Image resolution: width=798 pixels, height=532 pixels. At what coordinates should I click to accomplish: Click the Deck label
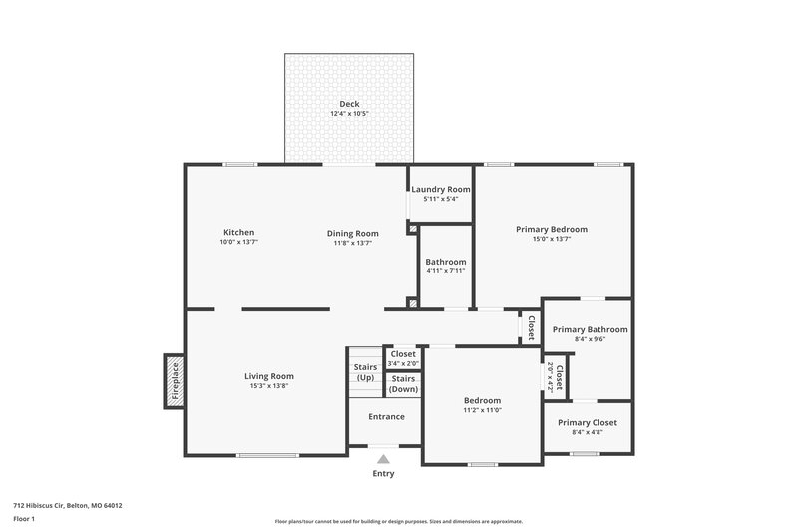349,104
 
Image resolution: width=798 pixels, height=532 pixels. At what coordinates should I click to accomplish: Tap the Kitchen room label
238,232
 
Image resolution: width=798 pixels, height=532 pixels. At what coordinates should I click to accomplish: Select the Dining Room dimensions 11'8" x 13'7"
353,243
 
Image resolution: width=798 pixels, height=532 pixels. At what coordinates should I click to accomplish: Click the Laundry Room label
440,189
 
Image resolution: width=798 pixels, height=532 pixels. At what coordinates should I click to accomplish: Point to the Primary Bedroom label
552,229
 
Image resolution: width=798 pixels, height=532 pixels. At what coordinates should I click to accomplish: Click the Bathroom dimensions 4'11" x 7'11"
446,271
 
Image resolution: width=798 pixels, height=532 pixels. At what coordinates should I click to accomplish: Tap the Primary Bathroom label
591,329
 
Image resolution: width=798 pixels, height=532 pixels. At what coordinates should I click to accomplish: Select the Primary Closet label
588,422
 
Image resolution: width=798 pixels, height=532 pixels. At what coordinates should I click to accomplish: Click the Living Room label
269,376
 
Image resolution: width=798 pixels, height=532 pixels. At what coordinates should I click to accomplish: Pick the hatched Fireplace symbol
174,381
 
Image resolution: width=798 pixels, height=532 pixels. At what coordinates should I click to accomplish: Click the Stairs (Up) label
365,372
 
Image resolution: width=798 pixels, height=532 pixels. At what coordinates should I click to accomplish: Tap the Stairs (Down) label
404,383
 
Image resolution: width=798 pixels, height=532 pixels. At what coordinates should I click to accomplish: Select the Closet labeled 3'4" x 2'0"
404,358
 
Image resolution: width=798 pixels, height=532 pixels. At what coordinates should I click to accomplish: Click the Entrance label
386,416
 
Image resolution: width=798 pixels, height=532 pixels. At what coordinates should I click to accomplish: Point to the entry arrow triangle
383,459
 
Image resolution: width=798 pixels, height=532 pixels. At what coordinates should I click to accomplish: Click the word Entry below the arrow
383,474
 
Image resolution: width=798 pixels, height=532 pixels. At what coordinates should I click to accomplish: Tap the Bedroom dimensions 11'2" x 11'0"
482,410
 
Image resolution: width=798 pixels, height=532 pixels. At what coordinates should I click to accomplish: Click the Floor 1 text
24,519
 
